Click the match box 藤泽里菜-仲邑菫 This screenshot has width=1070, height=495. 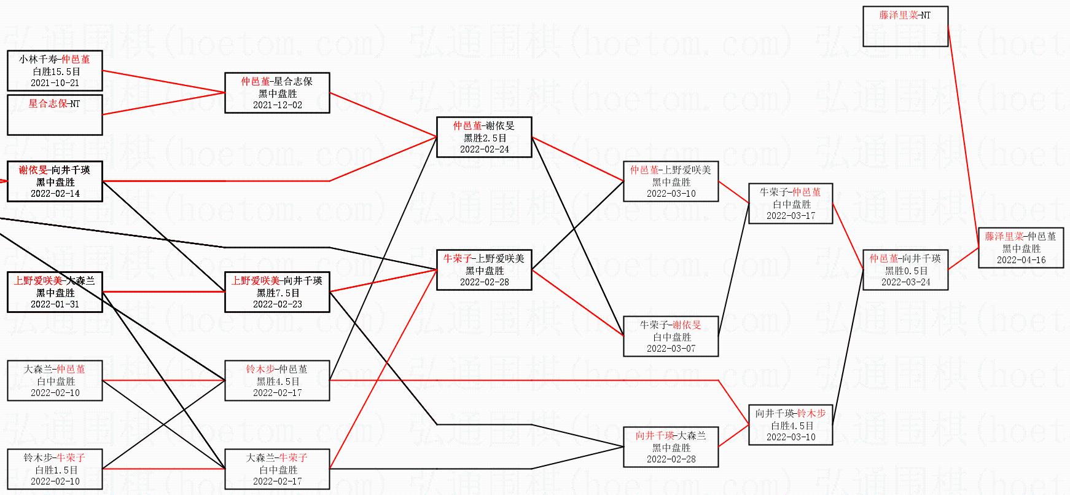[1021, 247]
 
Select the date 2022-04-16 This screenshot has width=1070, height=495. [1021, 260]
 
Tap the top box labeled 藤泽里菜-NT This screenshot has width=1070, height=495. [905, 26]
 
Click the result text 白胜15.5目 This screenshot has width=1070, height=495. [55, 71]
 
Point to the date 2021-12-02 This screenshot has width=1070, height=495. [277, 105]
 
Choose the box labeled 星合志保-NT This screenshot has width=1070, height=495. [55, 114]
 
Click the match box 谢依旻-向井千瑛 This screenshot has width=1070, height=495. [55, 181]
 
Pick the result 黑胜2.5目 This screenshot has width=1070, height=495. [485, 138]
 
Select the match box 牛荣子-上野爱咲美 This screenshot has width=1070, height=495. [484, 269]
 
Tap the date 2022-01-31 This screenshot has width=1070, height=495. [55, 304]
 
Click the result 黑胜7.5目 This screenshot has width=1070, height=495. [278, 293]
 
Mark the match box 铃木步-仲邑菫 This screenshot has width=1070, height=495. [277, 381]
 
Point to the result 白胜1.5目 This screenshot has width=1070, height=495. [55, 470]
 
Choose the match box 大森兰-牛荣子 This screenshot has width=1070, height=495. [277, 469]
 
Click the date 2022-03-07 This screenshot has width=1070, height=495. [671, 349]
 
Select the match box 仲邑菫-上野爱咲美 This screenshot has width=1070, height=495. [671, 181]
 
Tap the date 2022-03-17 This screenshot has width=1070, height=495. [791, 216]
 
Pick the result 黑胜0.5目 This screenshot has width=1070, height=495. [905, 271]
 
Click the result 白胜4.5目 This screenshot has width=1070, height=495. [791, 426]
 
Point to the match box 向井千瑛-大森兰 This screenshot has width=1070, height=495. [671, 446]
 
